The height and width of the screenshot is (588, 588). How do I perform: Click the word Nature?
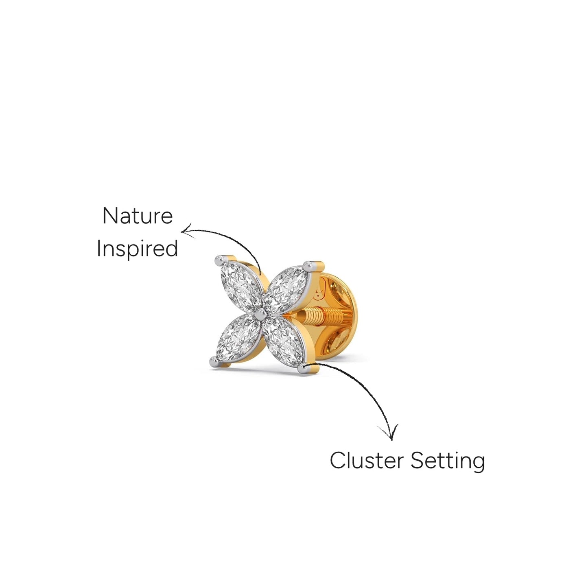click(138, 216)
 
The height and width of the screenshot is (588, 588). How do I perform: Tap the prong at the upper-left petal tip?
click(219, 260)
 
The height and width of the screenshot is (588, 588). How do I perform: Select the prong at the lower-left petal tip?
click(214, 362)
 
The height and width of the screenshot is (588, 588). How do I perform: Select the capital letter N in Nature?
click(110, 216)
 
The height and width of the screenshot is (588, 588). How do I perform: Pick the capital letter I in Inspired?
click(98, 248)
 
